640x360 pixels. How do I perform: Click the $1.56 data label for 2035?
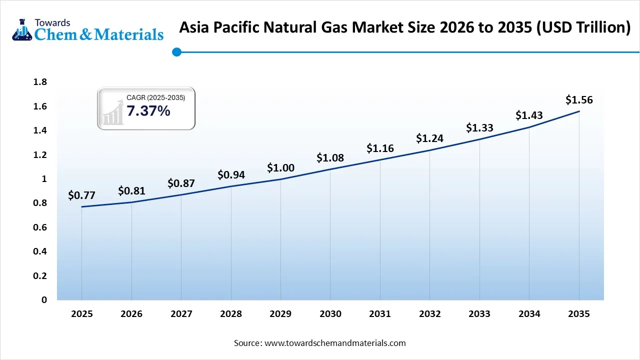(579, 100)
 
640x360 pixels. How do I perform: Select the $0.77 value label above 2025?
(81, 195)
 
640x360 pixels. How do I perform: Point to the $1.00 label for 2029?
(280, 168)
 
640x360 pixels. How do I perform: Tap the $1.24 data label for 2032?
(429, 138)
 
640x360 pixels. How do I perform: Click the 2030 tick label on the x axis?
(330, 314)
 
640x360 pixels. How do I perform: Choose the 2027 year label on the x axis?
(181, 314)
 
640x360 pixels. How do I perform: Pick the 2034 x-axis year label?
(529, 314)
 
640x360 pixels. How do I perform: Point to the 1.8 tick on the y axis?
(40, 82)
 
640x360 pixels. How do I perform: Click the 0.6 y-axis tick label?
(40, 227)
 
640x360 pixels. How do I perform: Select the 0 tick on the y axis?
(44, 300)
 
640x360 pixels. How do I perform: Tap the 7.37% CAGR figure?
(148, 111)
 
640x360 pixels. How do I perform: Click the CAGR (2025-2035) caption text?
(155, 98)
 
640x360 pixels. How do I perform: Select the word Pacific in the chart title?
(233, 28)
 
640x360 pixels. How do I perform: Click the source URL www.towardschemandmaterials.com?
(334, 343)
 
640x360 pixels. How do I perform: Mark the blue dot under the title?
(176, 52)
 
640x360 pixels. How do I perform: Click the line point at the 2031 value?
(380, 159)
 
